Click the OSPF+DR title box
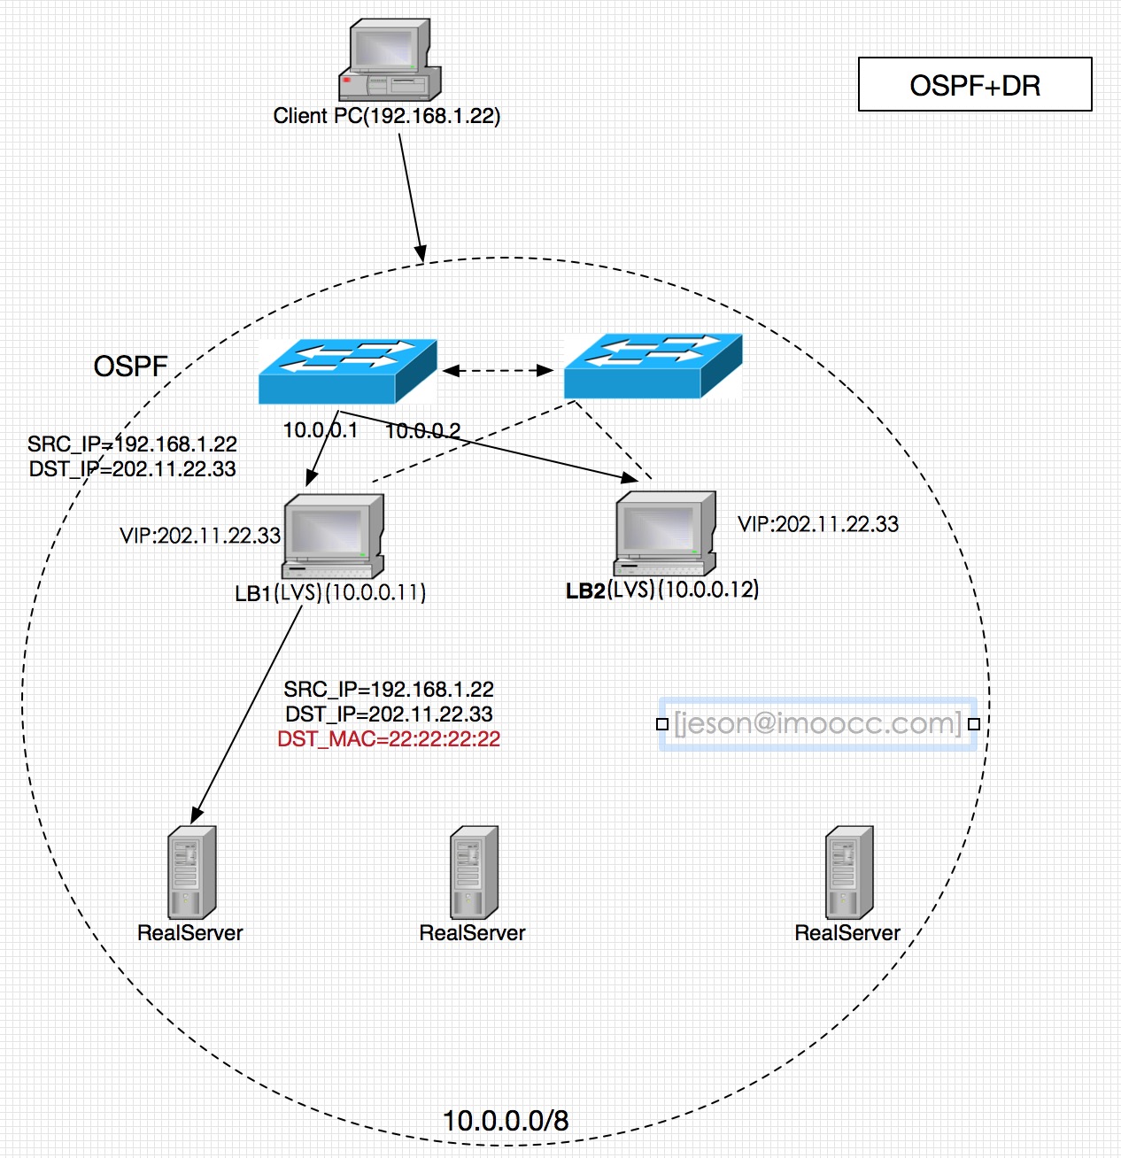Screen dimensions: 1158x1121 coord(974,85)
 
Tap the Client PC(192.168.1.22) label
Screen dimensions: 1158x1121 coord(387,116)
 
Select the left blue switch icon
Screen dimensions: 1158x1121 coord(347,370)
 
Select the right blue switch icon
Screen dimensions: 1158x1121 coord(653,365)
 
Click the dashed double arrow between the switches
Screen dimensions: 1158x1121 coord(498,370)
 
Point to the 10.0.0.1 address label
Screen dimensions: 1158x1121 coord(320,430)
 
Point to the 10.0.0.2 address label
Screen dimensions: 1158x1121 coord(422,431)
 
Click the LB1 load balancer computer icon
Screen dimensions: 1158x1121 coord(333,537)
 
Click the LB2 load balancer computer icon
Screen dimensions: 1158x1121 coord(665,533)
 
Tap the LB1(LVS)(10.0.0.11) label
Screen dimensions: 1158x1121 coord(330,592)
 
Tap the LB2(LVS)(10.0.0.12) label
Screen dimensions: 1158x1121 coord(662,590)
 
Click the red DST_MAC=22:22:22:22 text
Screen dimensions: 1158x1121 coord(389,739)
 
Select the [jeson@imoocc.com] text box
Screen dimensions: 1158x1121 coord(816,723)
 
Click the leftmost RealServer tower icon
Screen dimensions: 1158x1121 coord(191,873)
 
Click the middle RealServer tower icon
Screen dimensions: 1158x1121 coord(474,873)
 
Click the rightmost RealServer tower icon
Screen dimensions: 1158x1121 coord(848,873)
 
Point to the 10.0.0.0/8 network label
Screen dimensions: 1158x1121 coord(506,1121)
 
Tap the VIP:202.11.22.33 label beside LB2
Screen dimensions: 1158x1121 coord(818,524)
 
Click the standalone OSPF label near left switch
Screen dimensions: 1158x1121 coord(130,367)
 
